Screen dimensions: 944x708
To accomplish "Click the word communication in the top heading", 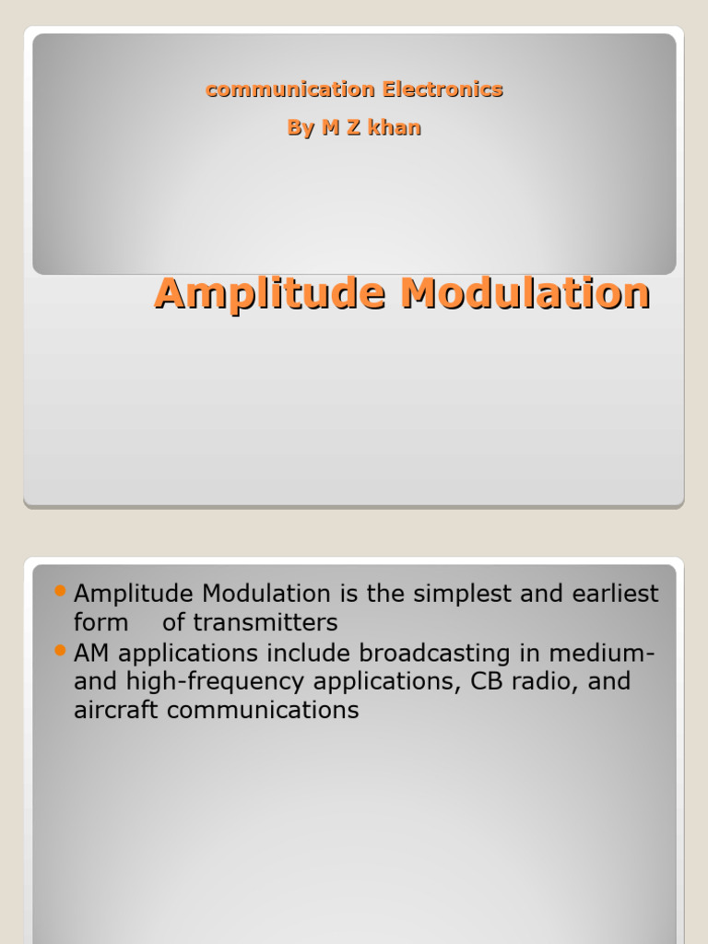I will [x=290, y=89].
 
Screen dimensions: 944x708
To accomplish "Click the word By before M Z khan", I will [x=301, y=128].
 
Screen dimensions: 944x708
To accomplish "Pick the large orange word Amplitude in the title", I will [x=270, y=294].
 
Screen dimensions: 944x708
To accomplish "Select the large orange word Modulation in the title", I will [x=525, y=294].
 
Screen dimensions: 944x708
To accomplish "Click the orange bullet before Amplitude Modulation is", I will [x=62, y=590].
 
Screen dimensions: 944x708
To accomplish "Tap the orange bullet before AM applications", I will [x=62, y=650].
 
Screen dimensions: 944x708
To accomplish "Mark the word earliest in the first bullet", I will [x=615, y=594].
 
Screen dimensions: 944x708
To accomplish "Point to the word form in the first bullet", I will [x=100, y=623].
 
